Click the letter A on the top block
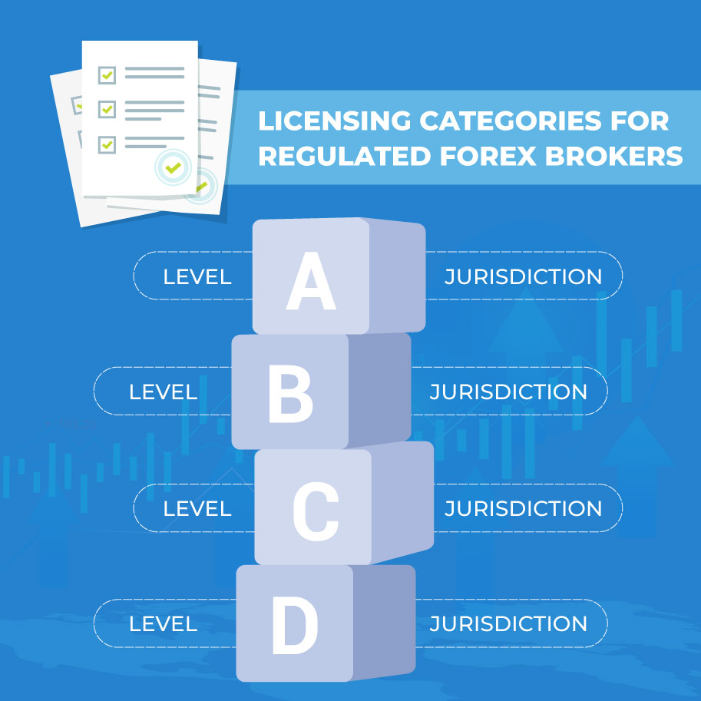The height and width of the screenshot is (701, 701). pos(311,281)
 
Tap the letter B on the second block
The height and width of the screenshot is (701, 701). pos(290,394)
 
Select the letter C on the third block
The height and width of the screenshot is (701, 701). pos(316,511)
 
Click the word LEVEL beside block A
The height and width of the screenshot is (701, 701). pos(197,277)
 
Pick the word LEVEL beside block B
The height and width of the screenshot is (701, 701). pos(164,392)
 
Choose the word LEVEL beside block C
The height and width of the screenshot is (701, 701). pos(197,509)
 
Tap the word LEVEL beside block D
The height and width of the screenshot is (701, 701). pos(164,624)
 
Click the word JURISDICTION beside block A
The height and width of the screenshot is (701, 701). pos(523,276)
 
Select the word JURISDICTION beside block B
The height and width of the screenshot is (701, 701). pos(508,392)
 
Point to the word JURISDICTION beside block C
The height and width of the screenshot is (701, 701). pos(523,508)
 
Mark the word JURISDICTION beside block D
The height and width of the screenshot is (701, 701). pos(508,623)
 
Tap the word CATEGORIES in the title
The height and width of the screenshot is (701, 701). pos(511,121)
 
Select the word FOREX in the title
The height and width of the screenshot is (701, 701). pos(488,156)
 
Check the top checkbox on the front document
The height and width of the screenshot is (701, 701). pos(107,75)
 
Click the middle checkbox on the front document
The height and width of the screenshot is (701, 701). pos(107,109)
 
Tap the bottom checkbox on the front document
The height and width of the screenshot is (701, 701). pos(107,144)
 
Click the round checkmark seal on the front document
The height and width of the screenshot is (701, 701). pos(173,167)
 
